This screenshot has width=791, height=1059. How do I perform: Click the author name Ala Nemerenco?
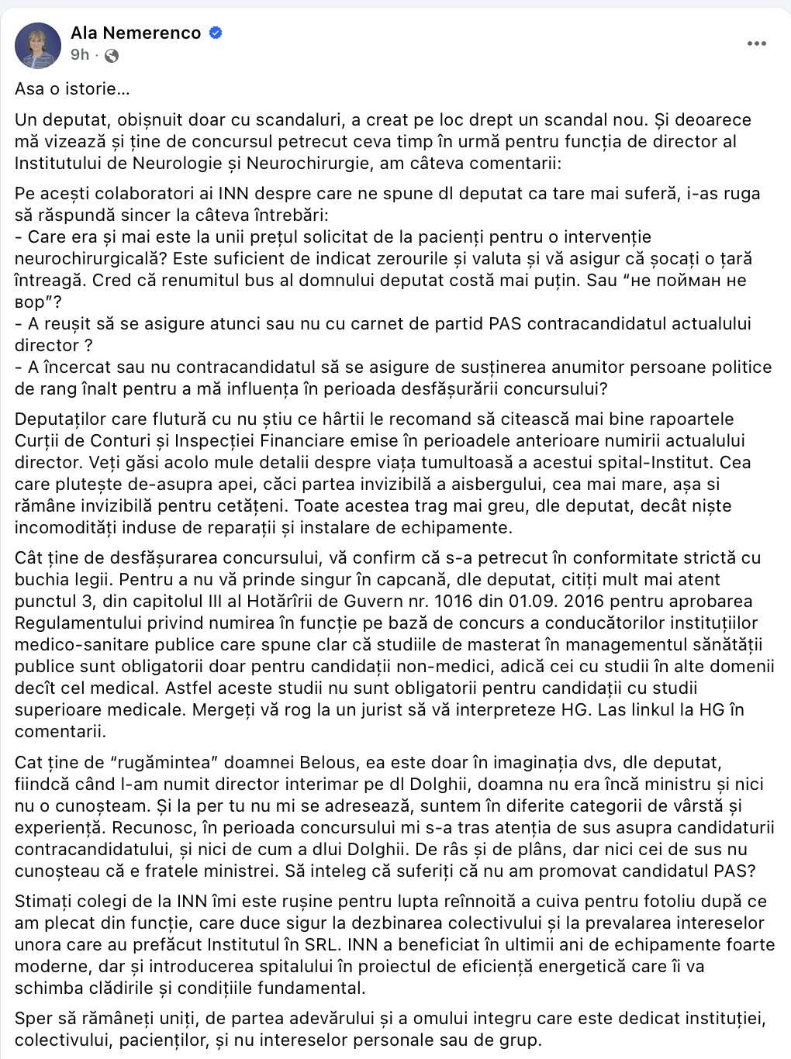click(136, 33)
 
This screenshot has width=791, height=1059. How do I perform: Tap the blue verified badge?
click(217, 33)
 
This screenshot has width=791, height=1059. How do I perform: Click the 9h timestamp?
click(79, 55)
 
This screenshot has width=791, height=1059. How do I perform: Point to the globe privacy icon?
click(112, 55)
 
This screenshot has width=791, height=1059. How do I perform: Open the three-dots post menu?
click(756, 43)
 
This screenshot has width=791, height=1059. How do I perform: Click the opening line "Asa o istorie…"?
click(72, 89)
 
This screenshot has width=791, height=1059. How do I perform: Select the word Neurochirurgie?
click(282, 164)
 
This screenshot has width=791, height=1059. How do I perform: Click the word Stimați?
click(42, 902)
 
